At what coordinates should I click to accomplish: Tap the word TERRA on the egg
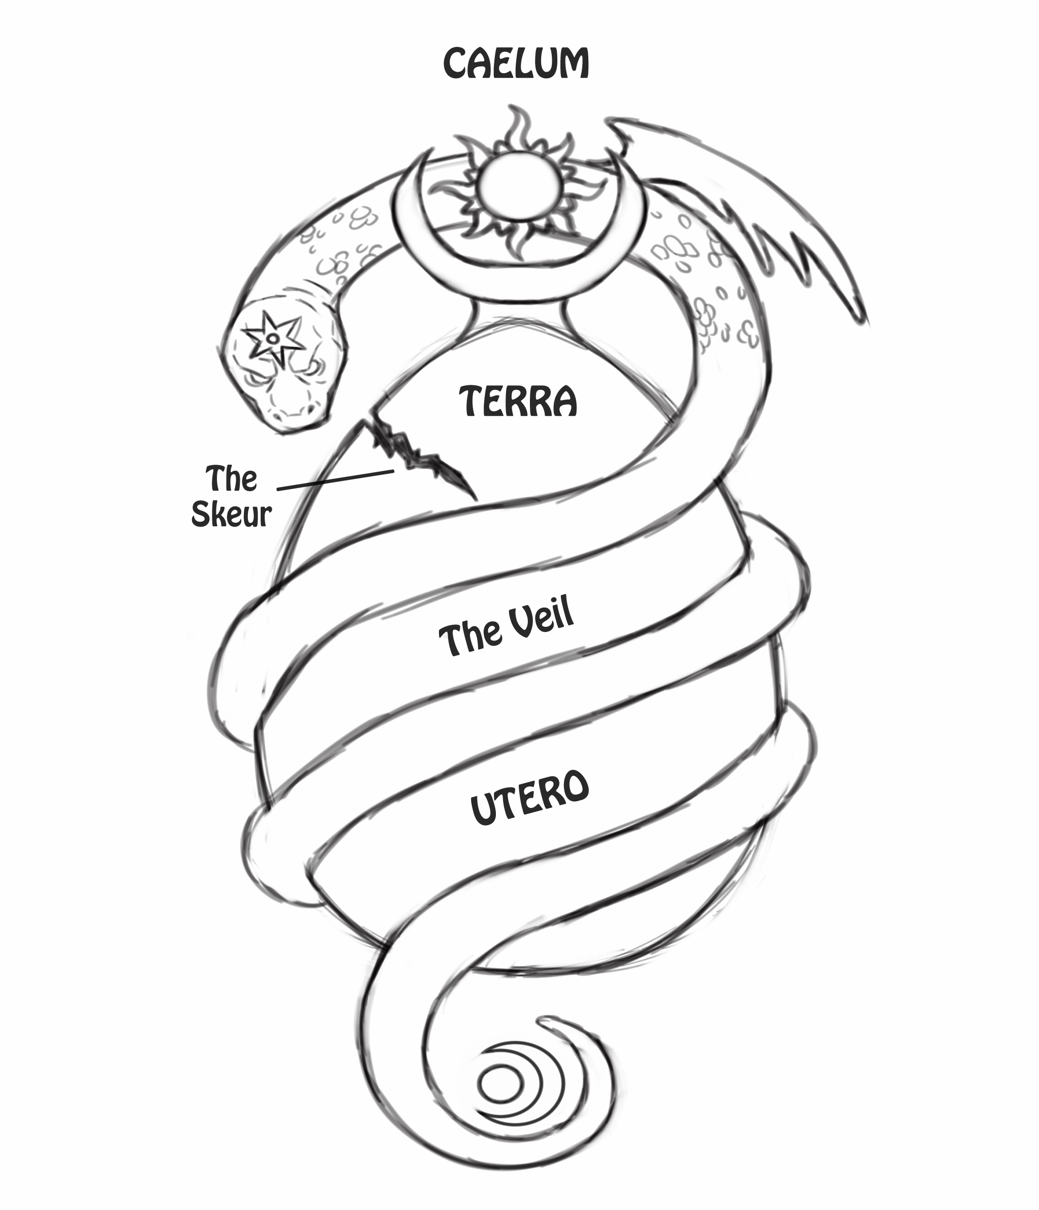(x=518, y=401)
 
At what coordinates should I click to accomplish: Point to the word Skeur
(x=231, y=515)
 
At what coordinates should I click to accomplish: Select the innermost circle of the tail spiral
(x=499, y=1084)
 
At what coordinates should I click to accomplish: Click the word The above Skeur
(x=231, y=479)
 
